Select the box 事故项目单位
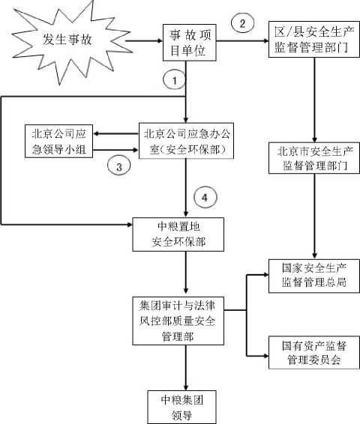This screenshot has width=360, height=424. point(189,43)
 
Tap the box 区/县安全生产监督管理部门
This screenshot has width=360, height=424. point(314,39)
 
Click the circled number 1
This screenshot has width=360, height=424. point(174,80)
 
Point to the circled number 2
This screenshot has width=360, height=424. point(242,23)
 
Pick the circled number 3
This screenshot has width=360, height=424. point(119,166)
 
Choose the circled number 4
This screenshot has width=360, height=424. point(205,197)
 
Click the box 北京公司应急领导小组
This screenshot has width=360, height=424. point(58,141)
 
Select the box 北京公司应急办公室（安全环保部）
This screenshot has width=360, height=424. point(186,141)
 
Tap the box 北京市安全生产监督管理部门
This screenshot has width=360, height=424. point(314,158)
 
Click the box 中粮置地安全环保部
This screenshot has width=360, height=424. point(178,234)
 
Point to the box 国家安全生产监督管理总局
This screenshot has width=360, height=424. point(314,276)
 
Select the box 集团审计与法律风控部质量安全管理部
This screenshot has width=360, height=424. point(178,321)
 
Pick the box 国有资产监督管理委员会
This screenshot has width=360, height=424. point(314,352)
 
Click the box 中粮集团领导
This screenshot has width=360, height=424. point(181,407)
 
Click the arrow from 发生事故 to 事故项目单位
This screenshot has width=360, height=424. point(144,41)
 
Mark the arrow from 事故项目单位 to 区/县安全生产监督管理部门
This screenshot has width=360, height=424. point(242,41)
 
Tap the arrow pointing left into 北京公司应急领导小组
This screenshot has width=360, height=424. point(115,133)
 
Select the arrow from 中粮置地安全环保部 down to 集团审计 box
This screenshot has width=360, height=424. point(186,273)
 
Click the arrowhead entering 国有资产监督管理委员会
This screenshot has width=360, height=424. point(265,356)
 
